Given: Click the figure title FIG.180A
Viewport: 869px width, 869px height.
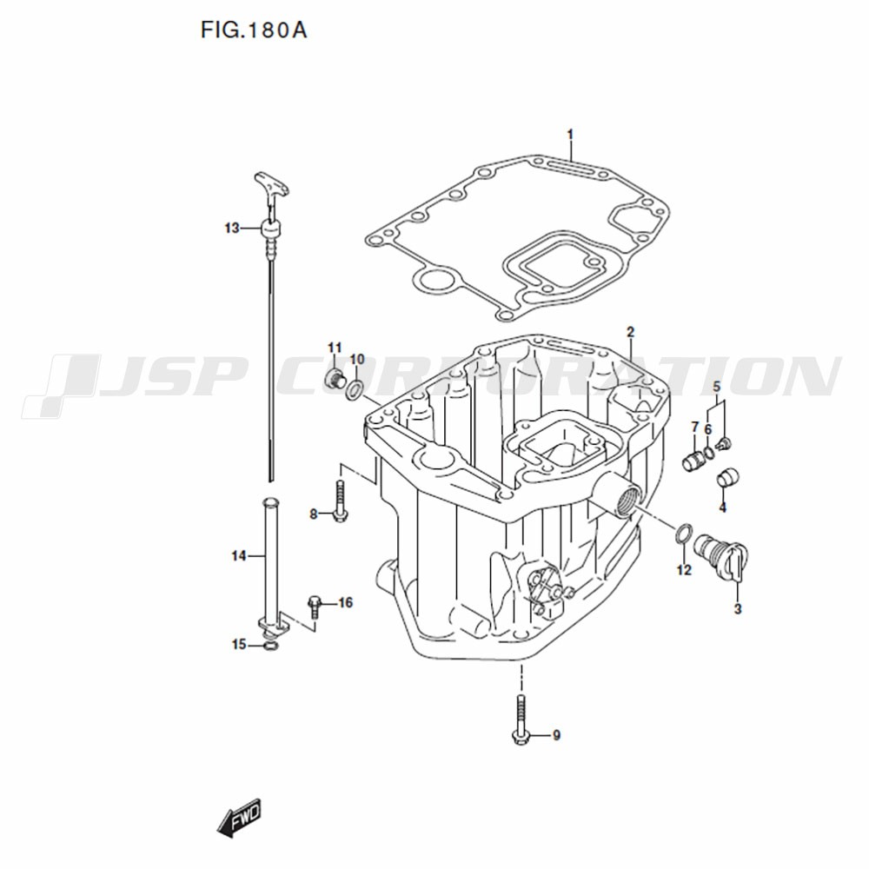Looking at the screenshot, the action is pyautogui.click(x=253, y=30).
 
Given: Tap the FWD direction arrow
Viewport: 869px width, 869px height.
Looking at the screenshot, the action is pyautogui.click(x=238, y=818).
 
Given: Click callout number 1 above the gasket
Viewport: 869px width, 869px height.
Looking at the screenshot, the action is pyautogui.click(x=570, y=135).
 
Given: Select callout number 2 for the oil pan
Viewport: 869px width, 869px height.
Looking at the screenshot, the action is pyautogui.click(x=630, y=332).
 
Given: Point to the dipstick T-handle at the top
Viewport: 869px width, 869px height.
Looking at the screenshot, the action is pyautogui.click(x=271, y=186).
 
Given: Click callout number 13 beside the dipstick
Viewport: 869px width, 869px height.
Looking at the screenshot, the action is pyautogui.click(x=232, y=228).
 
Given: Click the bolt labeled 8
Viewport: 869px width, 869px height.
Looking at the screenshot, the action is pyautogui.click(x=340, y=501).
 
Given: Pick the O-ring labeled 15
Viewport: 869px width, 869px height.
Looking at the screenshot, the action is pyautogui.click(x=270, y=647).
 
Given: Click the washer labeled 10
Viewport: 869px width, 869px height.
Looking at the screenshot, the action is pyautogui.click(x=355, y=389).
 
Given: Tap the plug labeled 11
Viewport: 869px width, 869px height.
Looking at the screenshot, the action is pyautogui.click(x=335, y=380).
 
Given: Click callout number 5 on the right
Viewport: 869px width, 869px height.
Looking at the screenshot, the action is pyautogui.click(x=717, y=387).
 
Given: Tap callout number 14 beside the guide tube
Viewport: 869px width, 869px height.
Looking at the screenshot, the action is pyautogui.click(x=238, y=555).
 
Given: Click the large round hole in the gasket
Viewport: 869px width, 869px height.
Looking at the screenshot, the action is pyautogui.click(x=435, y=281).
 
